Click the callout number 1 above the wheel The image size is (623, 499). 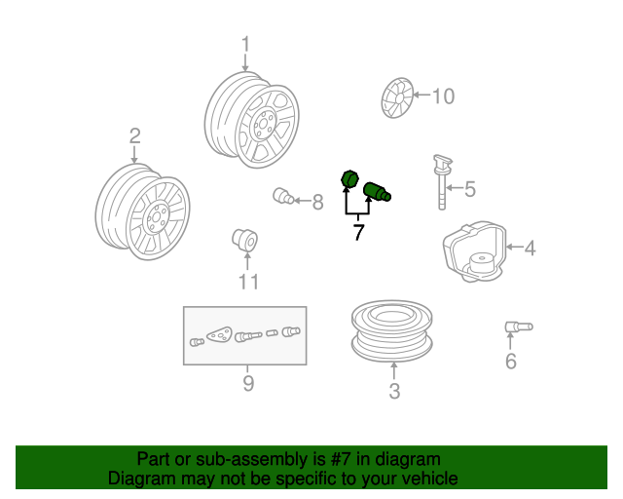coord(246,44)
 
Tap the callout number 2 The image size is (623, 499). coord(135,135)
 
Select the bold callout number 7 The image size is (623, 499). coord(358,232)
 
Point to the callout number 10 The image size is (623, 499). coord(444,96)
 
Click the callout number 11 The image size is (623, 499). coord(249,282)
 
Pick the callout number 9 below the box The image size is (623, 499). coord(248,383)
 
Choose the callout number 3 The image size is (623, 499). coord(394,391)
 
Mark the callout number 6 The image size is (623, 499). coord(511,361)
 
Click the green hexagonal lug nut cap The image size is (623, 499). coord(350,178)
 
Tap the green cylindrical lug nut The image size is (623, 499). coord(378,191)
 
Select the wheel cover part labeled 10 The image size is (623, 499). coord(397,97)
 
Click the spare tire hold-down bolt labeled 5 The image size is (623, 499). coord(442,182)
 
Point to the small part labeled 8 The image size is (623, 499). coord(283,195)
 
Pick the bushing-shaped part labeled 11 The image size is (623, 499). coord(245,240)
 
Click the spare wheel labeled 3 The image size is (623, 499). coord(391,330)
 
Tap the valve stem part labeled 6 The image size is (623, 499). coord(519,326)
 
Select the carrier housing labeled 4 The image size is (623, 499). coord(475,251)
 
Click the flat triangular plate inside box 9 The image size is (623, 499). coord(220,334)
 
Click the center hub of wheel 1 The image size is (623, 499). coord(263,124)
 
